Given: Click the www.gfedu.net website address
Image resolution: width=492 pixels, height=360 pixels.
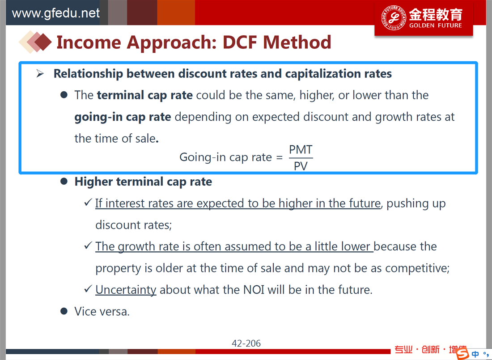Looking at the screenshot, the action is point(55,13).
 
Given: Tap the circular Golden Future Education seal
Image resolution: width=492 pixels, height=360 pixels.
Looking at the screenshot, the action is point(394,18).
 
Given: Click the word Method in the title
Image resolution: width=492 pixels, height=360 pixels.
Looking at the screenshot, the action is point(297,42).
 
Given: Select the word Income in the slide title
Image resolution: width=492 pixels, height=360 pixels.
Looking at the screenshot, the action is point(89,42).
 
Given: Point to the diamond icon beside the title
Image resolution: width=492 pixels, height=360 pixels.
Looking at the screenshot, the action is point(35,42).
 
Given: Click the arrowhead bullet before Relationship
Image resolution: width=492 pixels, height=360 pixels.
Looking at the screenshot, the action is point(40,73).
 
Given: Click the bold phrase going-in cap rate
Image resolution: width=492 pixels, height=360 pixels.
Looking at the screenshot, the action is point(123,117).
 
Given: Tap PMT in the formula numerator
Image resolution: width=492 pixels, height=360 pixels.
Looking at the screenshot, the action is point(301,150).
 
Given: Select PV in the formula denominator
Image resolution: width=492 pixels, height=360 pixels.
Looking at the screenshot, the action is point(301,166).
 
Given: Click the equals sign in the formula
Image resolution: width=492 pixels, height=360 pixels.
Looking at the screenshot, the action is point(279,157).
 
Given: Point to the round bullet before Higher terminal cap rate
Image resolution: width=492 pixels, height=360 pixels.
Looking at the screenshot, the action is point(64,182).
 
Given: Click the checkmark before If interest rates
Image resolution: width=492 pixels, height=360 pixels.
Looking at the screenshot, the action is point(88,202).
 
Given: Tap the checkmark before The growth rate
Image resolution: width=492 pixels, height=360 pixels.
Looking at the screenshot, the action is point(88,246).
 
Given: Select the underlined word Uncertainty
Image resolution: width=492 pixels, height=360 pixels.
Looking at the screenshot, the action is point(126,290).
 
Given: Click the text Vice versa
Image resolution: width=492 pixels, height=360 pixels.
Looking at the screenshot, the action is point(102,312).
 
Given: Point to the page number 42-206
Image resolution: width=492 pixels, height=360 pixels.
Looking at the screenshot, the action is point(246,343).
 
